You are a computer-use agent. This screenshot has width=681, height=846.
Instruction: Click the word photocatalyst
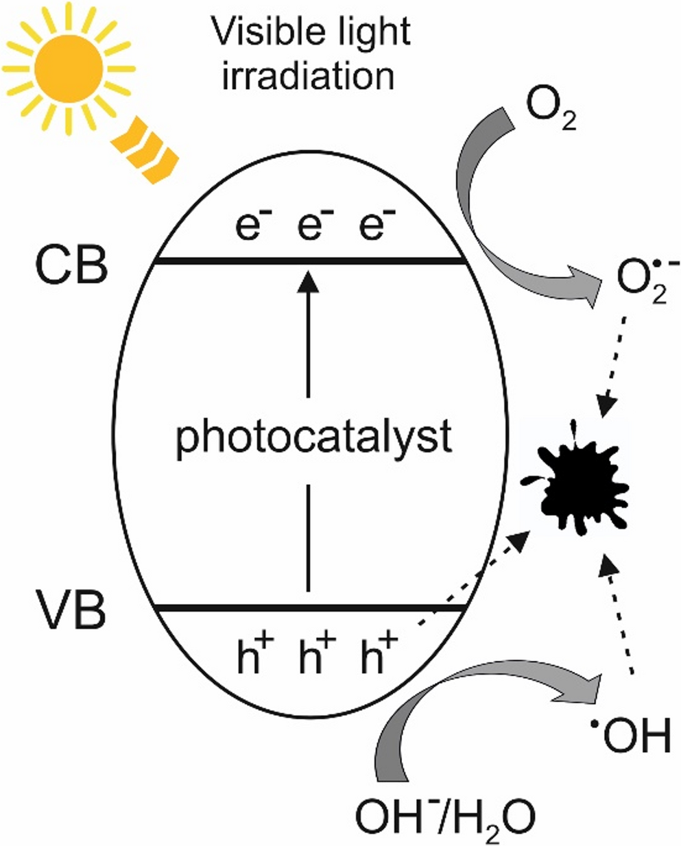(x=313, y=437)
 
